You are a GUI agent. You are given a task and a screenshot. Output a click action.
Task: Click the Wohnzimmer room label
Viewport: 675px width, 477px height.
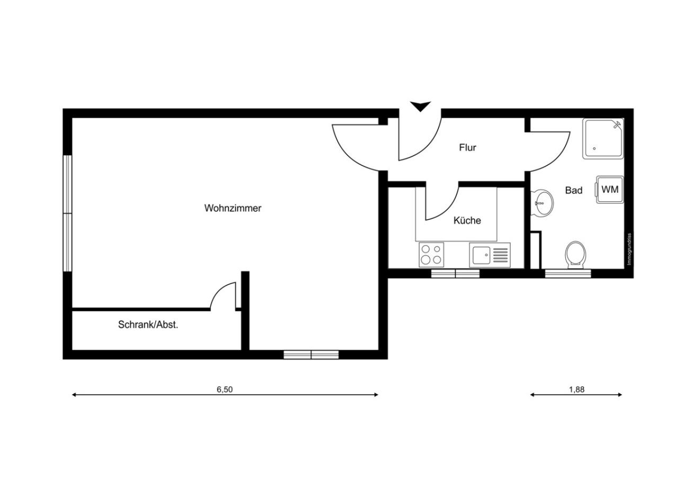coord(233,208)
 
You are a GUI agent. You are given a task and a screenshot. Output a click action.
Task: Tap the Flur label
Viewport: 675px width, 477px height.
coord(467,148)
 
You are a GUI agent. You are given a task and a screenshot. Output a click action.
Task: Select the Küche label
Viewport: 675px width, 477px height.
coord(467,220)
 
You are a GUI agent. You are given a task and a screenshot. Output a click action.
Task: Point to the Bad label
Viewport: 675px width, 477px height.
coord(573,190)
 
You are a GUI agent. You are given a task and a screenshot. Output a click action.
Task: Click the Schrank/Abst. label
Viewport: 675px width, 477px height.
coord(148,325)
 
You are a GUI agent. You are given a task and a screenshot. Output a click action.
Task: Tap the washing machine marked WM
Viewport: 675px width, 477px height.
coord(610,189)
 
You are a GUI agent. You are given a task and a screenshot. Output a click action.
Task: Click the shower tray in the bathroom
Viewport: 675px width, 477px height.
coord(603,139)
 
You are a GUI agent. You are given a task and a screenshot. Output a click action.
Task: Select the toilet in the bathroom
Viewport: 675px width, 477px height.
coord(575,254)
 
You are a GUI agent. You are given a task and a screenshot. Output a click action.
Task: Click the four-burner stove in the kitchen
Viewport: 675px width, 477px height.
coord(431,255)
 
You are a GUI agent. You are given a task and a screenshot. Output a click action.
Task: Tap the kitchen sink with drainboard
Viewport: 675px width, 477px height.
coord(490,255)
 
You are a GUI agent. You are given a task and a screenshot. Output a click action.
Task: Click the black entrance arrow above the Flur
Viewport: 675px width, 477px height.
coord(420,107)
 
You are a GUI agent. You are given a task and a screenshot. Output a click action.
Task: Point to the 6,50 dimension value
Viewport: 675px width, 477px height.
coord(225,390)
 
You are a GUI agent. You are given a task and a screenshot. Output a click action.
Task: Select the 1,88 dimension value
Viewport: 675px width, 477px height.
coord(576,390)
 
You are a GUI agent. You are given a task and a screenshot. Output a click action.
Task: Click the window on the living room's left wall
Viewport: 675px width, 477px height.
coord(67,213)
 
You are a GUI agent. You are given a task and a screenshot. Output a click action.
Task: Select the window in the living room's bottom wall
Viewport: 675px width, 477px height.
coord(311,355)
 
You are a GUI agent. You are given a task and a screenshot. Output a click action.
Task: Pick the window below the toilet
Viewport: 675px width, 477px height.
coord(568,273)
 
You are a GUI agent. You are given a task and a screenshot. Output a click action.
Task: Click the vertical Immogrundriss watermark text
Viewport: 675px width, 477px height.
coord(629,249)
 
